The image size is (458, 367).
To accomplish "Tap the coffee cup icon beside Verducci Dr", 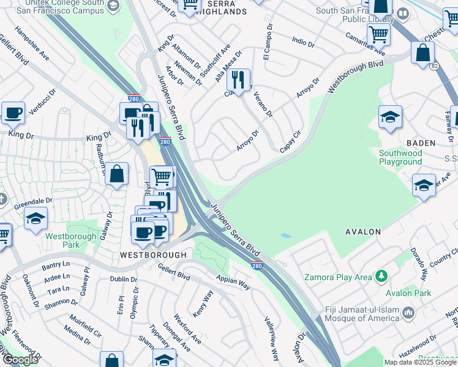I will [13, 113].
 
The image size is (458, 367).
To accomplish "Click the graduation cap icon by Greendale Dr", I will [36, 218].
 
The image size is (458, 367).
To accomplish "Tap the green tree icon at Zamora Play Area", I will [382, 277].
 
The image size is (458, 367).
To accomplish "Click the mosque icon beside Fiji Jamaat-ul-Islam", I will [408, 313].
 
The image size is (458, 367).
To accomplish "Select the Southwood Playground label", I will [400, 157].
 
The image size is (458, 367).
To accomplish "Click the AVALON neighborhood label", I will [363, 232].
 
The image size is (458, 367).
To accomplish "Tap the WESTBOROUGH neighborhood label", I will [153, 254].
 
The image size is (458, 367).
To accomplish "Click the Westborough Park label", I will [70, 240].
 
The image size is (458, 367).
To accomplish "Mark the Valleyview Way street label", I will [272, 338].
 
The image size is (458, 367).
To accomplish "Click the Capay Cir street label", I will [291, 142].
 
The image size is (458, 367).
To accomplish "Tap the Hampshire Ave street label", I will [32, 43].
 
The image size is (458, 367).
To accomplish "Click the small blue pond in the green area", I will [285, 235].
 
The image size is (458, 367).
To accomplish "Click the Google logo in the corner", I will [20, 360].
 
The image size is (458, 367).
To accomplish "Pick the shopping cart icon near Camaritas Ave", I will [378, 35].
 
